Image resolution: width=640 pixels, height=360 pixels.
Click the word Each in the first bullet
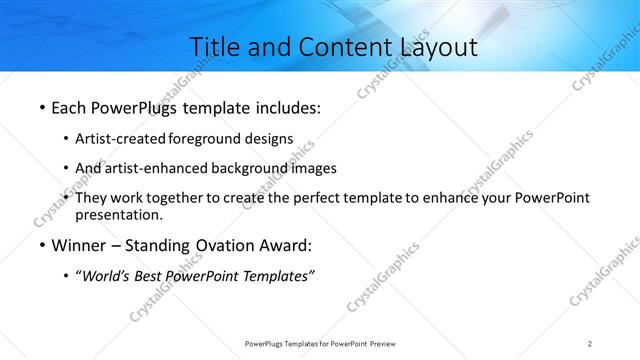pyautogui.click(x=68, y=105)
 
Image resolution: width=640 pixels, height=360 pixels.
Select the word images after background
pyautogui.click(x=314, y=168)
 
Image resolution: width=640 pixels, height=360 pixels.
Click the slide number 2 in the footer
pyautogui.click(x=590, y=343)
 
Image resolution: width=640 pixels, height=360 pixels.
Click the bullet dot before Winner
pyautogui.click(x=41, y=245)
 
